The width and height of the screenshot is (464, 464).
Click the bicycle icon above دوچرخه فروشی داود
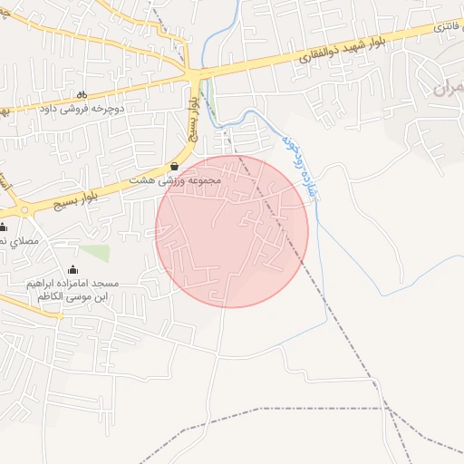point(82,94)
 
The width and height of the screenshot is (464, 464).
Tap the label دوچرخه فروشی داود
point(82,109)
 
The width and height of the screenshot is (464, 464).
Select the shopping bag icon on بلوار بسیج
point(174,166)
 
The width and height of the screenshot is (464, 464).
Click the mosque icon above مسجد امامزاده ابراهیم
point(73,269)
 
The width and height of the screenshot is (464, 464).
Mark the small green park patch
point(93,253)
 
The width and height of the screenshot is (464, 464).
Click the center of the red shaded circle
point(232,231)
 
